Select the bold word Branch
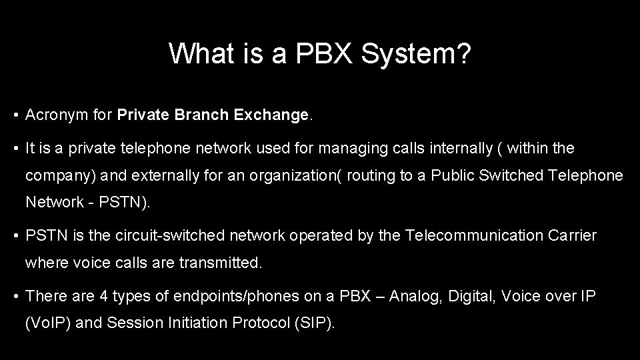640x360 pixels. tap(199, 115)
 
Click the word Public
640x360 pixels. tap(451, 175)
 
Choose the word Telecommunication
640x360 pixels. tap(474, 235)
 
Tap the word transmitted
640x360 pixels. tap(221, 263)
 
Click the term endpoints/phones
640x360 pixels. tap(216, 296)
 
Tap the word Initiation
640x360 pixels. tap(196, 323)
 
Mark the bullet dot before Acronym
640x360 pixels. tap(15, 116)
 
